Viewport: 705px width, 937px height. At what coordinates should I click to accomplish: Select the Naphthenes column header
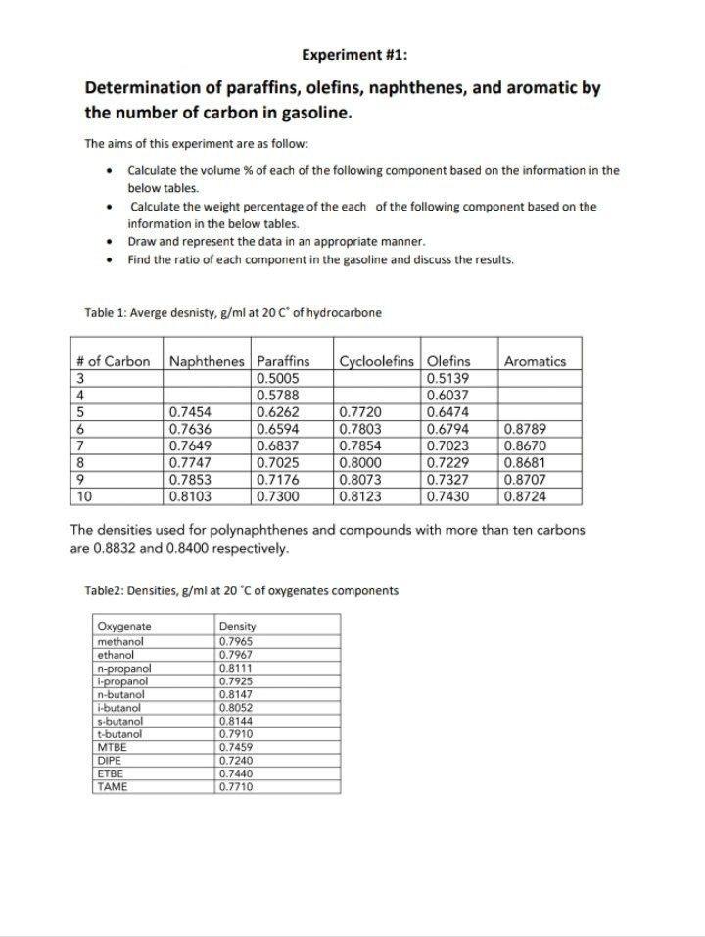pyautogui.click(x=208, y=361)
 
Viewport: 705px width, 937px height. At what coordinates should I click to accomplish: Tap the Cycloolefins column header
pyautogui.click(x=379, y=361)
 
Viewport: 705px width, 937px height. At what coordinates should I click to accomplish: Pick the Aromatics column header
pyautogui.click(x=535, y=361)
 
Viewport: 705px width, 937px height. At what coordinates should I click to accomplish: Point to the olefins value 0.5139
pyautogui.click(x=448, y=378)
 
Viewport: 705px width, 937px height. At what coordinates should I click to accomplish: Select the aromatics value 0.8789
pyautogui.click(x=525, y=429)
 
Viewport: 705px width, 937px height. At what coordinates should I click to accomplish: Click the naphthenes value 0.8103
pyautogui.click(x=190, y=496)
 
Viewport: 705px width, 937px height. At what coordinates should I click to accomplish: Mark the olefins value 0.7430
pyautogui.click(x=448, y=496)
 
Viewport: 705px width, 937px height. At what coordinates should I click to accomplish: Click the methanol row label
pyautogui.click(x=120, y=642)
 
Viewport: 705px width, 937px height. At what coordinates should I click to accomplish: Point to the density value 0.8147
pyautogui.click(x=236, y=694)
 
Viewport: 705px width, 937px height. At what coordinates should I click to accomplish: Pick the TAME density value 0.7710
pyautogui.click(x=236, y=786)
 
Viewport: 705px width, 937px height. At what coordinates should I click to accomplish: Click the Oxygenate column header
pyautogui.click(x=124, y=626)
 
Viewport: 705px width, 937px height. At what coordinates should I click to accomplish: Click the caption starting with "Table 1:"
pyautogui.click(x=233, y=313)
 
